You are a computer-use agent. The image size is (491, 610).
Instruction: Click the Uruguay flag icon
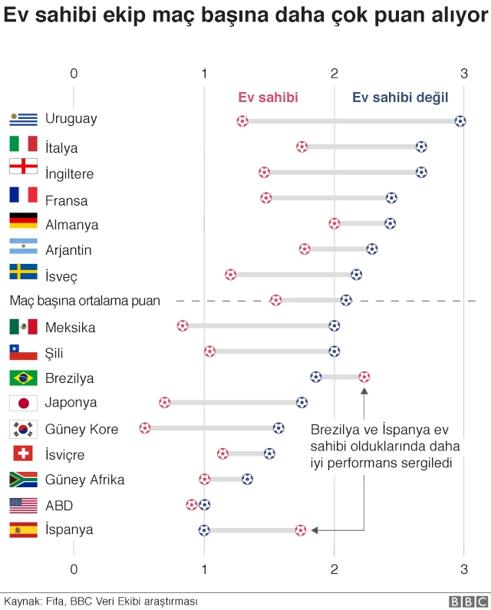[x=23, y=119]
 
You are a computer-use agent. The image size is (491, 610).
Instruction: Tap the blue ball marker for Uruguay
[x=460, y=120]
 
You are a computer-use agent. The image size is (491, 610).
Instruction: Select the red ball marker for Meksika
[x=183, y=325]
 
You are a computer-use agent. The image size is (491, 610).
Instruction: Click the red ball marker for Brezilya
[x=364, y=377]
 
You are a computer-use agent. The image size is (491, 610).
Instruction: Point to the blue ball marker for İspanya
[x=204, y=529]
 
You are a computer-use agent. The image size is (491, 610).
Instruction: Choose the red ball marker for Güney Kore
[x=145, y=427]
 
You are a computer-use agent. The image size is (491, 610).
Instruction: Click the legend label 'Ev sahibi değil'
[x=400, y=97]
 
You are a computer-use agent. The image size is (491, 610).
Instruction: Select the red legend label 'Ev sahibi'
[x=268, y=97]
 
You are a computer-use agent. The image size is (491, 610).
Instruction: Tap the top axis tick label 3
[x=463, y=73]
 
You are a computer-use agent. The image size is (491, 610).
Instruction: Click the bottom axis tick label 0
[x=74, y=569]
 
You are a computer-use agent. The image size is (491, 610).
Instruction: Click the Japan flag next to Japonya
[x=23, y=403]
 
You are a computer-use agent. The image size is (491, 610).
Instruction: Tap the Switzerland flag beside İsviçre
[x=23, y=454]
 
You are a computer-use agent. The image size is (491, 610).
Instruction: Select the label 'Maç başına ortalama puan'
[x=84, y=301]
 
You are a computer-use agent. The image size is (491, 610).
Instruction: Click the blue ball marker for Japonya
[x=302, y=402]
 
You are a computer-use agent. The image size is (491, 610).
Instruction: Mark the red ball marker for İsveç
[x=230, y=274]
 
